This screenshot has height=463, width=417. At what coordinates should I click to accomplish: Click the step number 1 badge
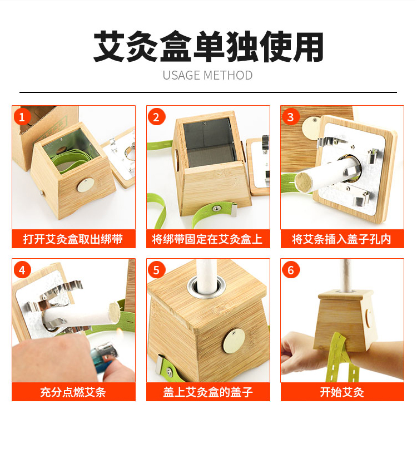tap(22, 117)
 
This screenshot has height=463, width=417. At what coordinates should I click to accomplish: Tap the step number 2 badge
tap(156, 117)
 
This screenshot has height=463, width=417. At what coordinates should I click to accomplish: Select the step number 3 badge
tap(291, 117)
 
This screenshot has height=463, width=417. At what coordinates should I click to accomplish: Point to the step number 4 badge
tap(22, 270)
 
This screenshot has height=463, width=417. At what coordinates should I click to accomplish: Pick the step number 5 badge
tap(156, 270)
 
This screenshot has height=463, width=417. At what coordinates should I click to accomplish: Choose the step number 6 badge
tap(291, 270)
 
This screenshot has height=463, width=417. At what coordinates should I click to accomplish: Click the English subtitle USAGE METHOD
tap(207, 75)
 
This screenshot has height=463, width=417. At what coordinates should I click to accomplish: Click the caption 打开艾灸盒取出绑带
tap(73, 239)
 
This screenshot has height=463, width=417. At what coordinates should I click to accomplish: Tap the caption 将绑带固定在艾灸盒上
tap(207, 239)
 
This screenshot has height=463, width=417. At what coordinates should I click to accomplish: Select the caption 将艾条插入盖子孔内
tap(342, 239)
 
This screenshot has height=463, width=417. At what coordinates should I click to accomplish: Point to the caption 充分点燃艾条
tap(73, 392)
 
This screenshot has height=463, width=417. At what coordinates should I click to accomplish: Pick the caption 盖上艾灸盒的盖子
tap(208, 392)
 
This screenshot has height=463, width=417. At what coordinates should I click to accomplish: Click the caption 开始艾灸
tap(342, 392)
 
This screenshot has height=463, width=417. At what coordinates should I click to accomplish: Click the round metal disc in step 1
tap(86, 185)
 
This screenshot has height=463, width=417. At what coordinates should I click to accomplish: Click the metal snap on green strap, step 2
tap(217, 208)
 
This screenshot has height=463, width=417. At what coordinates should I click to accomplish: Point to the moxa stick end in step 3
tap(304, 182)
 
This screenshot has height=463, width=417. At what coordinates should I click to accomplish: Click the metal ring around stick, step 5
tap(206, 287)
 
